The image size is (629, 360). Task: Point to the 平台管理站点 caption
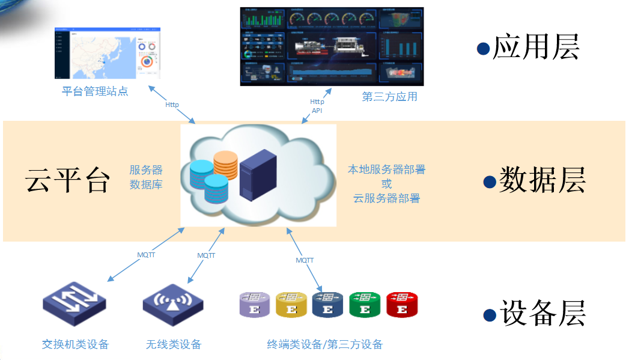coord(95,91)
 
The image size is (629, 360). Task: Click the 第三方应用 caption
coord(389,96)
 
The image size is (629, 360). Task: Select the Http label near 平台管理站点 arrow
coord(172,105)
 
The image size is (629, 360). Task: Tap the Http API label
coord(317,106)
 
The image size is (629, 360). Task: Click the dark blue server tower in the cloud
coord(258,174)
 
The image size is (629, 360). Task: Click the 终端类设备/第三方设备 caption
coord(324,344)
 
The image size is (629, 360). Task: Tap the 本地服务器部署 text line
coord(386,169)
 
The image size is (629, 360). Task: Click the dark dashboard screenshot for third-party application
coord(332,46)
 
